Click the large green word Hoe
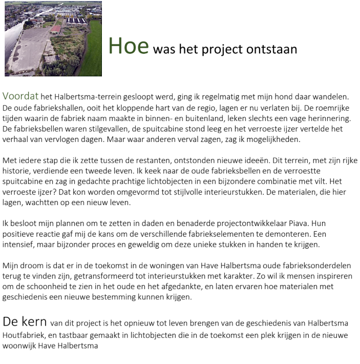(128, 46)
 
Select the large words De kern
(24, 322)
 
